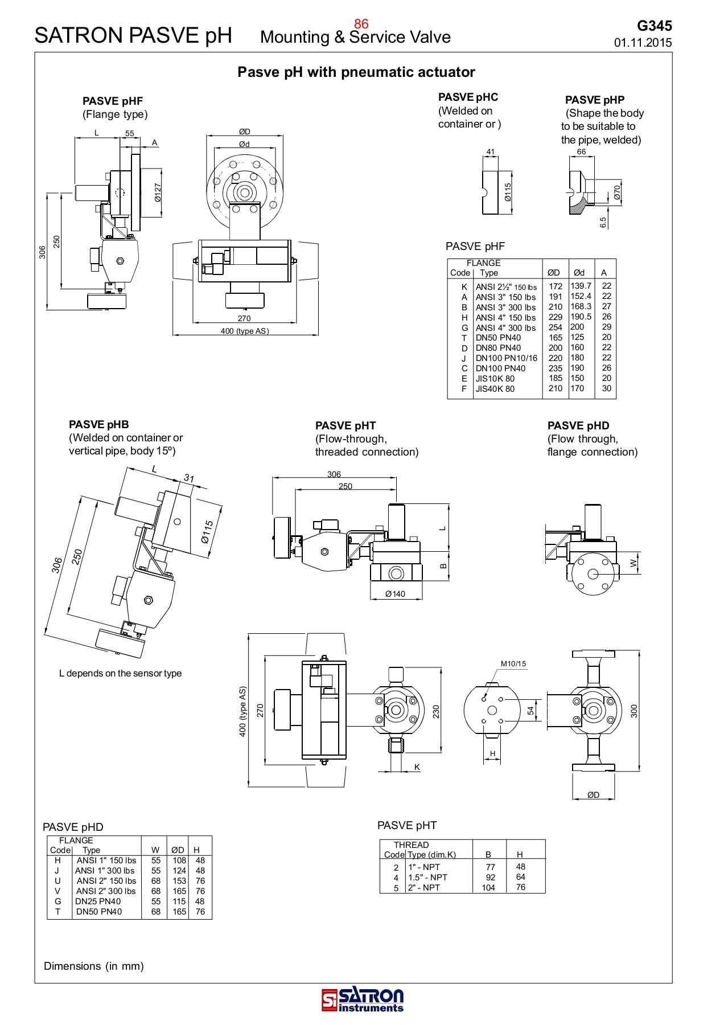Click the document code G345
pos(654,26)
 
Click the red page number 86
pos(361,23)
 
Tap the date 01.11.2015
pos(643,43)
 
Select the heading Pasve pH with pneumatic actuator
pos(356,72)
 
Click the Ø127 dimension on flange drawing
pos(158,192)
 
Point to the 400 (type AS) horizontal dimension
pos(245,331)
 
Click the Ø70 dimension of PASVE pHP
pos(617,192)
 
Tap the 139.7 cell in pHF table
pos(581,286)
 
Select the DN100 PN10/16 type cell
pos(506,358)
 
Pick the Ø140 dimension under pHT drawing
pos(395,594)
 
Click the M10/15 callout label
pos(513,663)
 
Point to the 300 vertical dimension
pos(634,711)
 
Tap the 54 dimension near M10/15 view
pos(530,711)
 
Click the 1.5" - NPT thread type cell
pos(427,878)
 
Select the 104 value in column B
pos(488,888)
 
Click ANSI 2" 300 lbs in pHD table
pos(106,891)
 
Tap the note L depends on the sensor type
pos(120,673)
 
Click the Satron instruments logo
pos(362,999)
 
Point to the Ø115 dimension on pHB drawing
pos(207,531)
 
